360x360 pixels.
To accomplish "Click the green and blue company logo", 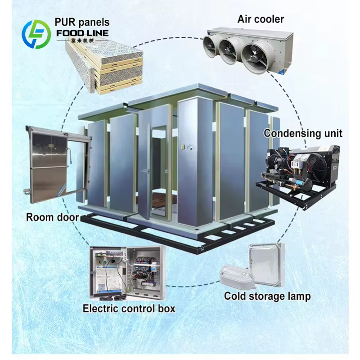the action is (36, 35).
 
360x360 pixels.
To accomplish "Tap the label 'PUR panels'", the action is (82, 22).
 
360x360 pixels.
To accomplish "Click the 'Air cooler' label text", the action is (261, 19).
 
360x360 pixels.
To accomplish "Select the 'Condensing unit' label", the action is (303, 133).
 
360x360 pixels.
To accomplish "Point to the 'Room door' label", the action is (52, 217).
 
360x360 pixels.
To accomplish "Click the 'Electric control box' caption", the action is (129, 308).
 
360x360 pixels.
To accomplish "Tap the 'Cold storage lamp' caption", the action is (267, 296).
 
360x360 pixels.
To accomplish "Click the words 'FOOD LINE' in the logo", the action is (82, 33).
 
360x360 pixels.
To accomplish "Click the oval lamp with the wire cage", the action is (237, 276).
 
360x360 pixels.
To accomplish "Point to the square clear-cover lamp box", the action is (267, 265).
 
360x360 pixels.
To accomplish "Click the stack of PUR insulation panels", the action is (104, 67).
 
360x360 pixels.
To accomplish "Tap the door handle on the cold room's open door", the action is (145, 171).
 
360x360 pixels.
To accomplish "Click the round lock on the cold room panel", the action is (189, 148).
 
